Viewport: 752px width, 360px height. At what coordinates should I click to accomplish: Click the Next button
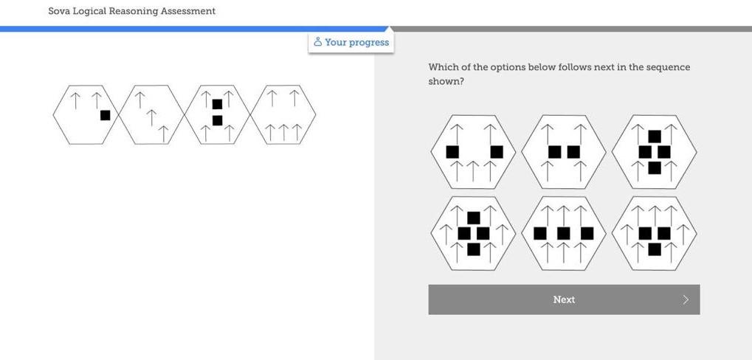coord(564,300)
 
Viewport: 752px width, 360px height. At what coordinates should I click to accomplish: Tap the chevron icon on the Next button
coord(686,300)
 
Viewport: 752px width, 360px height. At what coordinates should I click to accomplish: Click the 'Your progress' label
coord(356,42)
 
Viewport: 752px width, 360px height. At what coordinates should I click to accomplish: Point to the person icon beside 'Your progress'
coord(317,42)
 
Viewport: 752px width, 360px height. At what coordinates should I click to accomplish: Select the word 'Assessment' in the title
coord(188,11)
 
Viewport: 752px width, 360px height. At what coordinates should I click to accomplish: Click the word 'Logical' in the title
coord(89,11)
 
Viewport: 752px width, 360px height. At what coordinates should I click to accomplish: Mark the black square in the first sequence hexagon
coord(105,115)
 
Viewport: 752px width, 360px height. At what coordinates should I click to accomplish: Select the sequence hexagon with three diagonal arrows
coord(151,115)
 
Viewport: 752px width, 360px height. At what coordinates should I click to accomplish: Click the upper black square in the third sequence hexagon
coord(217,105)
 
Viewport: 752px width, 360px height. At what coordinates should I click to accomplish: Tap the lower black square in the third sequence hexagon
coord(217,120)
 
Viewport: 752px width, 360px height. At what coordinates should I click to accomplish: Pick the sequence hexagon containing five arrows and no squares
coord(283,115)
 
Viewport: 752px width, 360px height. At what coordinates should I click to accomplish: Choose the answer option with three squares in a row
coord(564,233)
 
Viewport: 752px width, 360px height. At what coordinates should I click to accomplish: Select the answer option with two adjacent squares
coord(564,152)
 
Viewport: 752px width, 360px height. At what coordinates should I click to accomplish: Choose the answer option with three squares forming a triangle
coord(655,233)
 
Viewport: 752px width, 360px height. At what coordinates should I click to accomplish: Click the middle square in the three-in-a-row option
coord(564,233)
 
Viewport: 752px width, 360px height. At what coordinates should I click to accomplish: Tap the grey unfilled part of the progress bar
coord(576,29)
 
